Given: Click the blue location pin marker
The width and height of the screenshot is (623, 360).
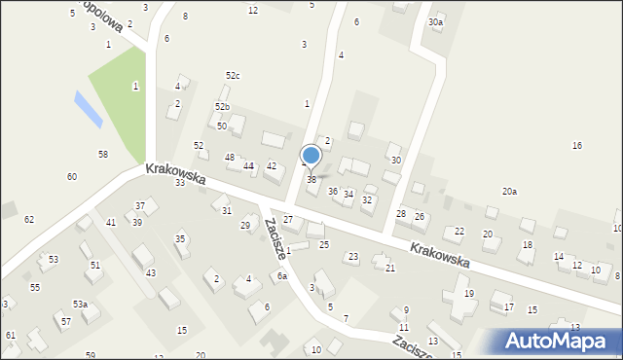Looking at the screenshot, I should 311,156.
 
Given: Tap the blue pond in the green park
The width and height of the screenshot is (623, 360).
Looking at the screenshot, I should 88,109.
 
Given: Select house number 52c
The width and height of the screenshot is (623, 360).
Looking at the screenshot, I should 233,76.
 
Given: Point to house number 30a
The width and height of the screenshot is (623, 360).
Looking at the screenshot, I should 435,21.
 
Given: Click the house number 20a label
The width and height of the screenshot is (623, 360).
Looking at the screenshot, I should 509,192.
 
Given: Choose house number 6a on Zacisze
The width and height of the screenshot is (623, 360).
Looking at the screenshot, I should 281,276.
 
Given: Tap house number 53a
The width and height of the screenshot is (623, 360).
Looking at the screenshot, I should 80,305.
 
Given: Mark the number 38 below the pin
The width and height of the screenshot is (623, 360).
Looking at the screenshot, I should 311,180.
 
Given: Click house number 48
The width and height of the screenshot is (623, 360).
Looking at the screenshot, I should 230,158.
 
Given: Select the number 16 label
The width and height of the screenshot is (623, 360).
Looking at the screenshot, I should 577,146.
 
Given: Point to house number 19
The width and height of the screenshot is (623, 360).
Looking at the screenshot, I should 468,294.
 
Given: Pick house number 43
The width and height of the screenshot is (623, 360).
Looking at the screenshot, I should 150,273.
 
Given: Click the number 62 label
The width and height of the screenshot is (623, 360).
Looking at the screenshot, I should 29,220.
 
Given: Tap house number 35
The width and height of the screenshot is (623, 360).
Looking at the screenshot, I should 180,239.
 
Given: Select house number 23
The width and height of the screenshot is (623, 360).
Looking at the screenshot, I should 353,257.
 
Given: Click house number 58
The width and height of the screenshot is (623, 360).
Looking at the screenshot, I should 102,155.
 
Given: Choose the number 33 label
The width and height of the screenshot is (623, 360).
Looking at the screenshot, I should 180,183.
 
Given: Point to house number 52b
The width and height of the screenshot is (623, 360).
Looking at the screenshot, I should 223,107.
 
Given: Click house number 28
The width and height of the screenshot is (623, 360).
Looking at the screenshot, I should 400,214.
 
